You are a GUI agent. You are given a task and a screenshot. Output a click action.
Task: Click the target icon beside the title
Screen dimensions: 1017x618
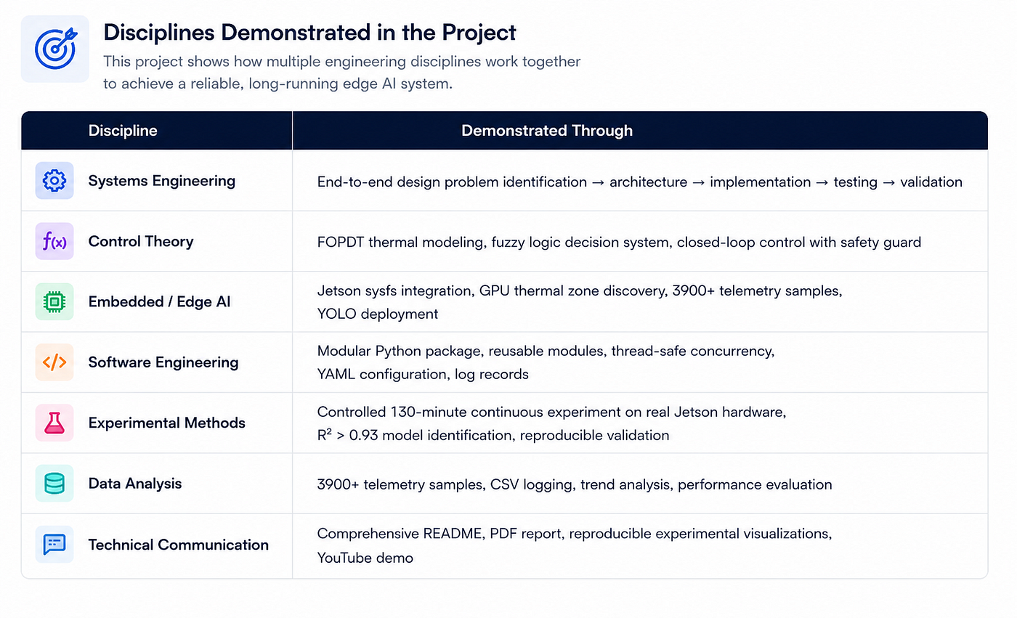(55, 49)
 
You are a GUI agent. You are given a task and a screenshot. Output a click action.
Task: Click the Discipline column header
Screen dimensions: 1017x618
(123, 131)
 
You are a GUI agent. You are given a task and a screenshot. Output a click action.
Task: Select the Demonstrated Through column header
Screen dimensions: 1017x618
(546, 131)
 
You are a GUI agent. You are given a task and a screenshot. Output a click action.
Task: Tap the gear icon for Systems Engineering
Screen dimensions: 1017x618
(54, 181)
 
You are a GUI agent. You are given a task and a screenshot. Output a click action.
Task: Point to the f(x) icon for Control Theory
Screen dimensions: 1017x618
(54, 241)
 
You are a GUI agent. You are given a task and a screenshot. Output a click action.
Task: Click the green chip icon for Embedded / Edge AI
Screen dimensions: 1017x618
(54, 302)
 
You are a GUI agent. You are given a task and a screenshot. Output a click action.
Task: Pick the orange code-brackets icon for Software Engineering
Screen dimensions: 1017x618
(54, 362)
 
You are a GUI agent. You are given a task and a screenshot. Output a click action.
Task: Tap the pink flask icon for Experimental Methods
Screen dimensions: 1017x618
(54, 423)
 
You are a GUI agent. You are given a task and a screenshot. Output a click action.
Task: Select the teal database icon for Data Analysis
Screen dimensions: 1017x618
(54, 483)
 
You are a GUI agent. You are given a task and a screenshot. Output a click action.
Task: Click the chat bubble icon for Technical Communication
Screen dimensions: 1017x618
(54, 544)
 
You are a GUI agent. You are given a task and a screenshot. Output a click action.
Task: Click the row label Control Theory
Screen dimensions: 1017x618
(141, 241)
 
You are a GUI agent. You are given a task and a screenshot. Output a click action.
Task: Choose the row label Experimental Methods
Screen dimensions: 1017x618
(166, 423)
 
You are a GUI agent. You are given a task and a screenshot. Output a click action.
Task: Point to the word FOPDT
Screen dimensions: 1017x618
(341, 243)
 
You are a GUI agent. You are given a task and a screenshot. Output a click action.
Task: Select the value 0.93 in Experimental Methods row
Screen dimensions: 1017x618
(363, 436)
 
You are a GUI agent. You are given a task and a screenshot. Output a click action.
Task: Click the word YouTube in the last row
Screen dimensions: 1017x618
(346, 558)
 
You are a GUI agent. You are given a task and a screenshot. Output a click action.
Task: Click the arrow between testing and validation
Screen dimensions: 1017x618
(888, 182)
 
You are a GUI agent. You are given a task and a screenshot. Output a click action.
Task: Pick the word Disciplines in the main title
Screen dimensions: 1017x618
(159, 33)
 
